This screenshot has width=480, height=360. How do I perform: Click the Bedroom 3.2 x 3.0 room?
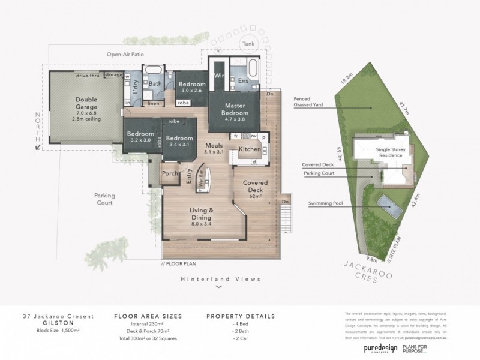pos(139,136)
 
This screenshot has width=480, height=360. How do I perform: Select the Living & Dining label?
pos(202,215)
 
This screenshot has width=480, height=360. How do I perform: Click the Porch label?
pos(170,175)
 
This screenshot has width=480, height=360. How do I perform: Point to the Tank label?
pos(247,43)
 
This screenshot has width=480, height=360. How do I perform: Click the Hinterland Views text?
pos(218,279)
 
